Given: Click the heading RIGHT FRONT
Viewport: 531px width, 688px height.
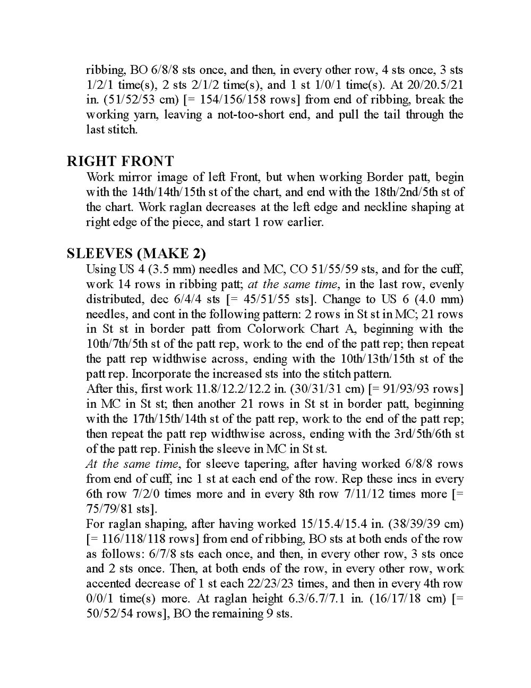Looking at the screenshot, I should tap(121, 161).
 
